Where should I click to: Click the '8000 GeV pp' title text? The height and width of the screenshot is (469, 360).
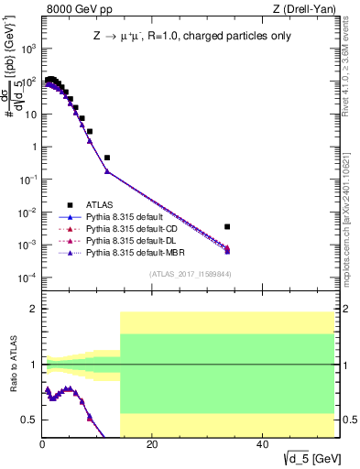coord(74,9)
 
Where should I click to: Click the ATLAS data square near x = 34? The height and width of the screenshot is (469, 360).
coord(227,226)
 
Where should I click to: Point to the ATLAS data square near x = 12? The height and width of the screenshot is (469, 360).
coord(107,158)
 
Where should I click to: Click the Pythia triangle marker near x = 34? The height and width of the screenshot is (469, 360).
coord(227,249)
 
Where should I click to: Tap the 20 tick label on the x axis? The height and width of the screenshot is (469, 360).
coord(152,444)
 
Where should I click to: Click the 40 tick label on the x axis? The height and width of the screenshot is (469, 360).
coord(263,444)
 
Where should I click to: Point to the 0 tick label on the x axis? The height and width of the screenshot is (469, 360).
coord(42,444)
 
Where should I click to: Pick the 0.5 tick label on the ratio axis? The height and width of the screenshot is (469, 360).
coord(29,420)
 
